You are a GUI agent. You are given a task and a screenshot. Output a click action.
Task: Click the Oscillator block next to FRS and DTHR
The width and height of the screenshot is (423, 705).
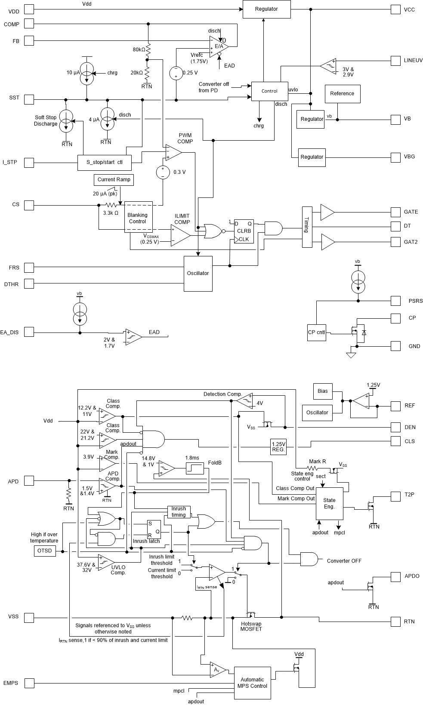[x=198, y=274]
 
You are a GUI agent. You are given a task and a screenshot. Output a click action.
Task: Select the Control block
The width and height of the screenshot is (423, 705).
[x=270, y=91]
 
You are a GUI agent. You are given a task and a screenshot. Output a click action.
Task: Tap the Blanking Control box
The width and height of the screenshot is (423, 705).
[x=138, y=218]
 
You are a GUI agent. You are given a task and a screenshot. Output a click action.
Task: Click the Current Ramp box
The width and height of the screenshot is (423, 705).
[x=114, y=180]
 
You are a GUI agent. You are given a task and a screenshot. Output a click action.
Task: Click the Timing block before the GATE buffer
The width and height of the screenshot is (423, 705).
[x=307, y=227]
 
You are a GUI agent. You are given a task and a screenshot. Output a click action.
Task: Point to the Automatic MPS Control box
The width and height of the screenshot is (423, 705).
[x=253, y=683]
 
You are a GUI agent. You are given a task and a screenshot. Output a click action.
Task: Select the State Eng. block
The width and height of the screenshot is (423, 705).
[x=330, y=503]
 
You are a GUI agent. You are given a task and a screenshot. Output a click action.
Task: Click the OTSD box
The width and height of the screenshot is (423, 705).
[x=45, y=551]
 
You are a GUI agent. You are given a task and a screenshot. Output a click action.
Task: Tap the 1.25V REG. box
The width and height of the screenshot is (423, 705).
[x=278, y=446]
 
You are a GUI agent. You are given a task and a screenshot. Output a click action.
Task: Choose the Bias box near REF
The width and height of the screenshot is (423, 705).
[x=323, y=391]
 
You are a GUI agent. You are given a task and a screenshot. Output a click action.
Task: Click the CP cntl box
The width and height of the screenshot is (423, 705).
[x=316, y=332]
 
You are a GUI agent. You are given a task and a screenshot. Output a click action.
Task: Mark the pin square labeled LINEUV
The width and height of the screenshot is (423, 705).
[x=396, y=61]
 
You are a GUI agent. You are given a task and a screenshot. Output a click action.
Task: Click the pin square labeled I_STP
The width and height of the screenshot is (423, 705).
[x=29, y=163]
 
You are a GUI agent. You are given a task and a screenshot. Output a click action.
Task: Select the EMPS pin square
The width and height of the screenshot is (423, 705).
[x=29, y=683]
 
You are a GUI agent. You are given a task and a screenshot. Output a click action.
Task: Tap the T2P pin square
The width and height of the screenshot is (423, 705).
[x=396, y=495]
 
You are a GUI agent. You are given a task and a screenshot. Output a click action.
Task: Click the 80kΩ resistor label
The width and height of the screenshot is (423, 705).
[x=139, y=49]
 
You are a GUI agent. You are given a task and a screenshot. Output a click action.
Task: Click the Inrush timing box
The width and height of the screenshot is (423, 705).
[x=179, y=512]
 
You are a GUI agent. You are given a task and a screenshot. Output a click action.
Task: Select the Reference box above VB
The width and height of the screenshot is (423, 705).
[x=342, y=94]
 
